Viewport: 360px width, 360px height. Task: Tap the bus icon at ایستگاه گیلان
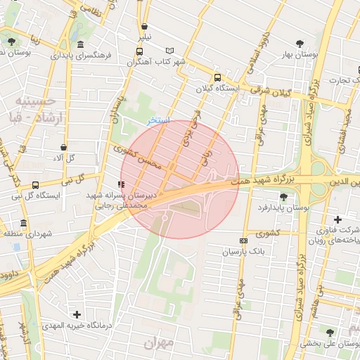tap(216, 78)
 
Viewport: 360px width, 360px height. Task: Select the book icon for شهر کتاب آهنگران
tap(169, 51)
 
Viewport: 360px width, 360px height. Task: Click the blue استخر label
tap(157, 120)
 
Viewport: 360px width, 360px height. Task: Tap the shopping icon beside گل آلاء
tap(64, 148)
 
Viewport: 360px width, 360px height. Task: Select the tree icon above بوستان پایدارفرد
tap(283, 197)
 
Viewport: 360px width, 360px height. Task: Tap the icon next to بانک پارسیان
tap(244, 240)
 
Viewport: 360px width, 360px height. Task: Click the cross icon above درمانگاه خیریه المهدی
tap(77, 314)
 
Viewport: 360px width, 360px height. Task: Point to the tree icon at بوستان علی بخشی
tap(329, 332)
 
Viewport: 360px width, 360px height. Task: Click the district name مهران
tap(158, 342)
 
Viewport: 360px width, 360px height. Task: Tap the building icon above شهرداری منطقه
tap(24, 224)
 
